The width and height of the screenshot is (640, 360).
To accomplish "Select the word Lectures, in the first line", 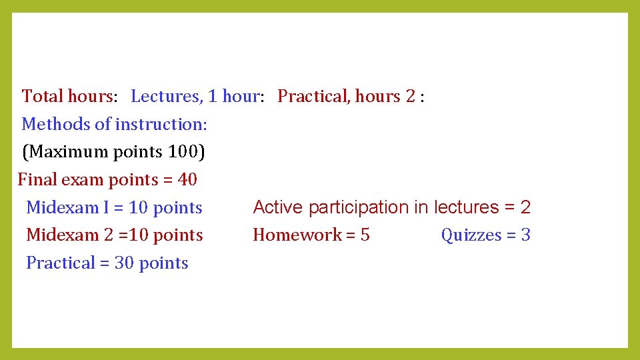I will (167, 97).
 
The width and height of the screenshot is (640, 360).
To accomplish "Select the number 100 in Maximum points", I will (182, 152).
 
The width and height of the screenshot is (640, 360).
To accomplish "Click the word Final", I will (37, 180).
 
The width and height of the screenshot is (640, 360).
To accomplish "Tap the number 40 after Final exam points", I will (187, 180).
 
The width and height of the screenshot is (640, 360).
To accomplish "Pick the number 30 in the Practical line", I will (124, 263).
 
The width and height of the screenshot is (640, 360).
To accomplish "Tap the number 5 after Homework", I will (365, 235).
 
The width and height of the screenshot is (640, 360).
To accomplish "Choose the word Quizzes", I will (471, 235).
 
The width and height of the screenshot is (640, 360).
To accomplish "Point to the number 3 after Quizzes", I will (526, 235).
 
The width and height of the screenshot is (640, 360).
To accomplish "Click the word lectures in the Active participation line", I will (465, 207).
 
